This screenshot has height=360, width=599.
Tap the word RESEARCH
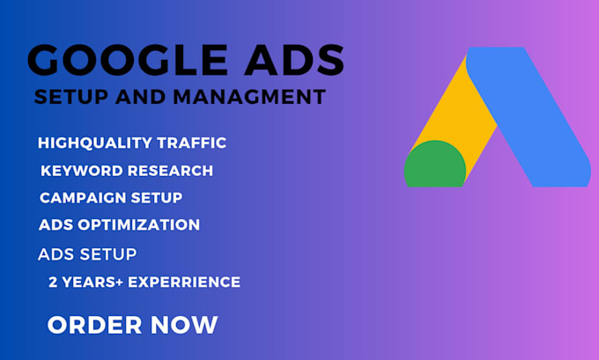167,171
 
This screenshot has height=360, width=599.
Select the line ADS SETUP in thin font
87,254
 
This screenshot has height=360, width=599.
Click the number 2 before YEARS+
53,283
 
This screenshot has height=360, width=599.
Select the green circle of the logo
434,165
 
